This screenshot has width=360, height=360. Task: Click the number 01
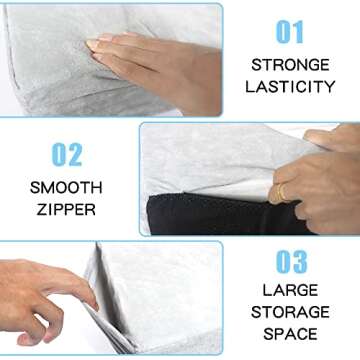pyautogui.click(x=289, y=32)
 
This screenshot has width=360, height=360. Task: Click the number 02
pyautogui.click(x=68, y=156)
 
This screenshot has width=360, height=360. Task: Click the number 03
pyautogui.click(x=289, y=261)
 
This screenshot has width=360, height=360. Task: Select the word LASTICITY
pyautogui.click(x=290, y=87)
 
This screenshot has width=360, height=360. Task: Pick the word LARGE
pyautogui.click(x=291, y=290)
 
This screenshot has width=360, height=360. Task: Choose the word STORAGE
pyautogui.click(x=291, y=312)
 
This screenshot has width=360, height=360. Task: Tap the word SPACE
pyautogui.click(x=291, y=333)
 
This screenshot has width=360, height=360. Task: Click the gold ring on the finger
pyautogui.click(x=281, y=191)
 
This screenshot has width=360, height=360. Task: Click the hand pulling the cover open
pyautogui.click(x=320, y=175)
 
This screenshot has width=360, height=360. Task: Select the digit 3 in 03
pyautogui.click(x=299, y=261)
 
